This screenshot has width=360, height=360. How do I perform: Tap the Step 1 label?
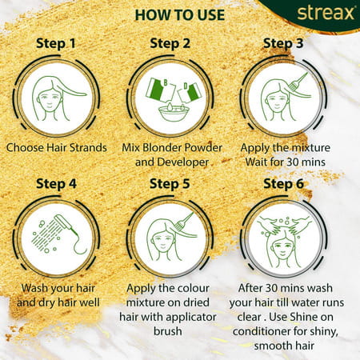click(x=58, y=44)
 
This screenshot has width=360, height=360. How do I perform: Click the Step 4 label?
click(x=58, y=183)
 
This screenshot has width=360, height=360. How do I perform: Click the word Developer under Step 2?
click(x=186, y=162)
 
